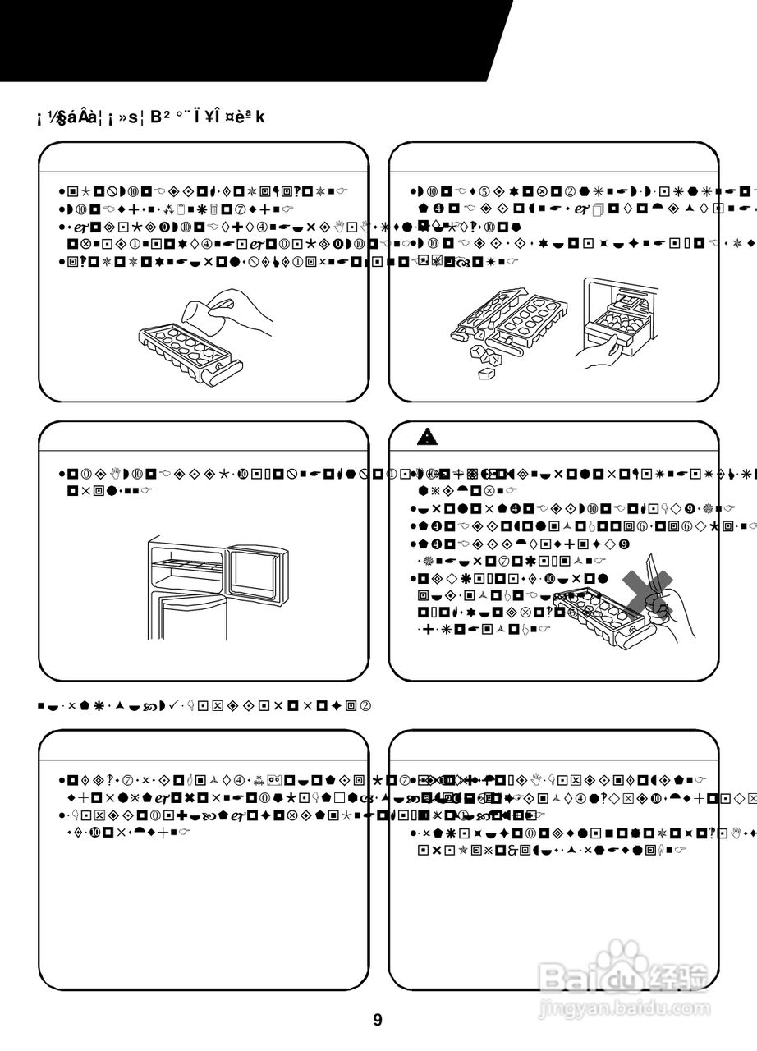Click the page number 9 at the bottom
(x=378, y=1021)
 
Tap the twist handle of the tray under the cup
(x=222, y=373)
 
